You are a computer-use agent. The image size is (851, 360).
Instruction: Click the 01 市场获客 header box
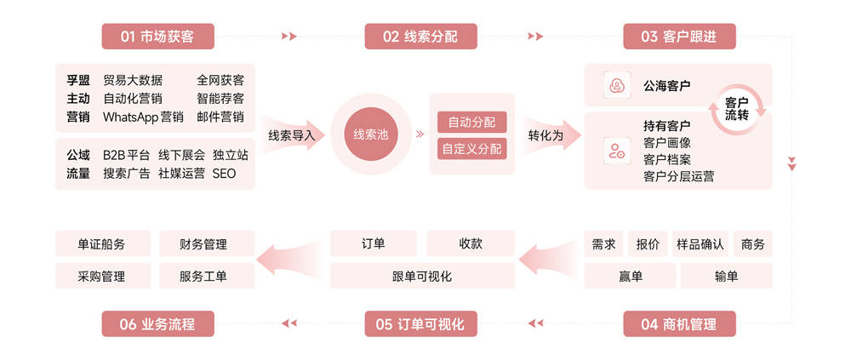tap(157, 37)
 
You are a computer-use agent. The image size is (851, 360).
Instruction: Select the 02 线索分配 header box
tap(420, 37)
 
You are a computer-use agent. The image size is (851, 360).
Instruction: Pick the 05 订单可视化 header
tap(420, 324)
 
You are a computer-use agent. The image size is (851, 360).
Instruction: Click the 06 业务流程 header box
tap(157, 324)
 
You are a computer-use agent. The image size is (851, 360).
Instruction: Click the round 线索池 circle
tap(371, 134)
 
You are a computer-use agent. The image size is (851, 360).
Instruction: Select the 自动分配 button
tap(471, 122)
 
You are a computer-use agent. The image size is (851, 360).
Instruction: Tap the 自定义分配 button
tap(471, 149)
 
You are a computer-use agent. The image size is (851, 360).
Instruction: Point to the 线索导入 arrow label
tap(291, 135)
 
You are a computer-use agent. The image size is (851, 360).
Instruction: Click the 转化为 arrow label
tap(545, 135)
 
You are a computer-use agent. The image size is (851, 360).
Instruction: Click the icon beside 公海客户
tap(615, 86)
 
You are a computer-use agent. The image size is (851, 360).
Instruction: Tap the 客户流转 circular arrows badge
tap(737, 108)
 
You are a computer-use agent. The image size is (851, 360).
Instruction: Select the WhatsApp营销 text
tap(143, 117)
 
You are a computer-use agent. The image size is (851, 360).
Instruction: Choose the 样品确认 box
tap(700, 244)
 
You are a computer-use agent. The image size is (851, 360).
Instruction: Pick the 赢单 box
tap(631, 276)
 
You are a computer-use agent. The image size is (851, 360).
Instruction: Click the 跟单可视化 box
tap(422, 276)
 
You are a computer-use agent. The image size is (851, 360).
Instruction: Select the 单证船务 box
tap(102, 244)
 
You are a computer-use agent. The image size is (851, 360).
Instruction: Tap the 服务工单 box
tap(204, 276)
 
